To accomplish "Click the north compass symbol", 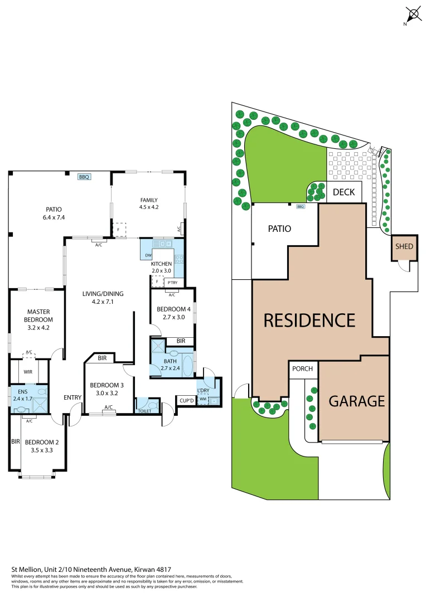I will pos(413,14).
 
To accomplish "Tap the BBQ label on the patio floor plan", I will pos(84,177).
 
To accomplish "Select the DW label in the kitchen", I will pos(148,256).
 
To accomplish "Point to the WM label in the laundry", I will pos(203,399).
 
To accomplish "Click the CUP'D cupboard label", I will pos(186,400).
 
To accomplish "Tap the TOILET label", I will pos(144,411).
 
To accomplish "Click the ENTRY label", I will pos(72,397).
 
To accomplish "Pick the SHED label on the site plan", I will pos(404,246).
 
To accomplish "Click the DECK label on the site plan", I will pos(344,193).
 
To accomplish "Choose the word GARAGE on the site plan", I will pos(356,401).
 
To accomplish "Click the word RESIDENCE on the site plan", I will pos(309,320).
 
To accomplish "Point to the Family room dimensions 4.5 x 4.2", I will pos(149,207).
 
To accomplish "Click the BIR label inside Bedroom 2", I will pos(15,441).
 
